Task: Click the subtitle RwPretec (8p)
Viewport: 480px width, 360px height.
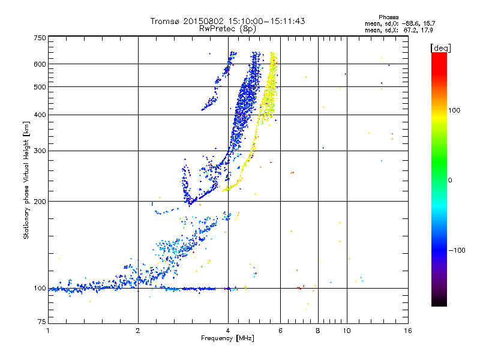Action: (x=227, y=29)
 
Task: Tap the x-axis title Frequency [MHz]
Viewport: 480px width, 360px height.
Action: (x=227, y=338)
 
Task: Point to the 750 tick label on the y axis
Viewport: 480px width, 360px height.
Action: (x=40, y=38)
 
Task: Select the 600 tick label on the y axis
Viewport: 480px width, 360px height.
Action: (x=40, y=64)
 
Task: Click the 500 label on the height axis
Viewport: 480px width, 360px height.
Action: (x=40, y=87)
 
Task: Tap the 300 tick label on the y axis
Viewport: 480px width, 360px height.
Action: (x=40, y=151)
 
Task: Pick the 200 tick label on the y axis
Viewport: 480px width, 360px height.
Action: (x=40, y=202)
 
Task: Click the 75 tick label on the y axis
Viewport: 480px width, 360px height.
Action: (x=42, y=322)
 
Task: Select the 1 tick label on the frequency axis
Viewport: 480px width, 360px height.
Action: (x=48, y=331)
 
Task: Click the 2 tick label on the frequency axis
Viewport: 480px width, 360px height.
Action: (x=138, y=331)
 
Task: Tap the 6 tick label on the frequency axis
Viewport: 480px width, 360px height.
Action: (x=280, y=331)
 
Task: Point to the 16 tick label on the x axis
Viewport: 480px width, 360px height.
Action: (x=408, y=331)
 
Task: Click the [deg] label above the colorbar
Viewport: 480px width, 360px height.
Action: (x=440, y=49)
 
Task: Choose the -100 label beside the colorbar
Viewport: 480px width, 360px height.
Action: (x=457, y=250)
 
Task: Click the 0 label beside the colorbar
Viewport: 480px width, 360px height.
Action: (x=449, y=181)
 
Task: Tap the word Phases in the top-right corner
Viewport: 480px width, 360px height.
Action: (x=388, y=17)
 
